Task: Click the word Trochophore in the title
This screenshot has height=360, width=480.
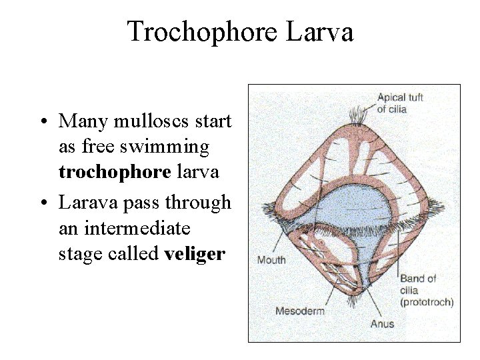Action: tap(207, 31)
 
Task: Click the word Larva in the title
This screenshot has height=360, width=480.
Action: tap(321, 31)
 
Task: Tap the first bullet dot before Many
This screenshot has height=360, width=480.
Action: tap(43, 123)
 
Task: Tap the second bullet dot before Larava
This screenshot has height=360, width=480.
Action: tap(43, 202)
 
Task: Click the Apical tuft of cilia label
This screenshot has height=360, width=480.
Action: tap(400, 103)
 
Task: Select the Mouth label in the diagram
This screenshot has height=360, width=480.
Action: tap(270, 260)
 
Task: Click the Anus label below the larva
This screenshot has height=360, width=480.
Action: tap(383, 324)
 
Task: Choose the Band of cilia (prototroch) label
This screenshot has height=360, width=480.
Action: tap(426, 290)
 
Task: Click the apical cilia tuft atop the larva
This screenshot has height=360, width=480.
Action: tap(358, 115)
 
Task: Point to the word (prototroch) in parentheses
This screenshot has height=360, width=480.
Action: tap(427, 302)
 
